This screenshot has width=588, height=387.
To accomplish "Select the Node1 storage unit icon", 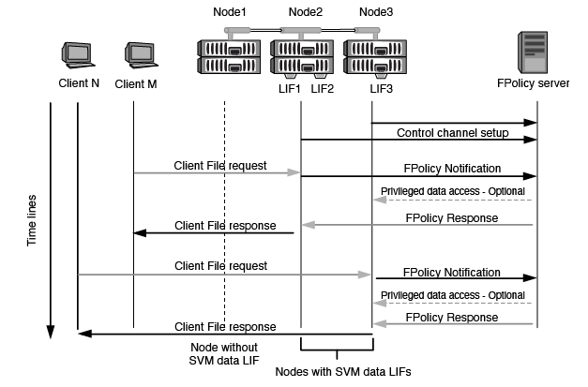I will click(224, 56).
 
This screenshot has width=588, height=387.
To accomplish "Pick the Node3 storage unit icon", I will click(374, 56).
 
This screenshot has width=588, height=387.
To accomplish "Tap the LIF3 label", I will click(380, 88).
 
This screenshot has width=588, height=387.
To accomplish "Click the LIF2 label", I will click(321, 88).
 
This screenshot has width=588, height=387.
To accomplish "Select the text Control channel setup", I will click(452, 133).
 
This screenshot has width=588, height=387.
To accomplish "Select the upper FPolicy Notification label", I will click(451, 169).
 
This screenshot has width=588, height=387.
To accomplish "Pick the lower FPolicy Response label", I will click(451, 318).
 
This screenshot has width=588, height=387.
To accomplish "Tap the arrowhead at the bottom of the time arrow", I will click(51, 333).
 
